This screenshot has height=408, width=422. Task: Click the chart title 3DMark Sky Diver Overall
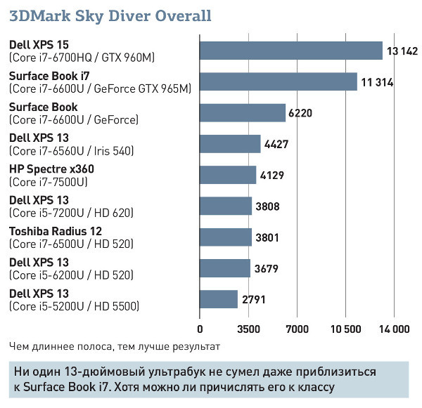(x=110, y=15)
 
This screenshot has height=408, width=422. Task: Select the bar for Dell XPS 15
(x=291, y=51)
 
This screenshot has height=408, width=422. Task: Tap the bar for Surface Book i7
(x=279, y=81)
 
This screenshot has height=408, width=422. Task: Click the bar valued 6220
(x=243, y=113)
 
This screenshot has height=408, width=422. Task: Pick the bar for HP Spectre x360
(x=228, y=175)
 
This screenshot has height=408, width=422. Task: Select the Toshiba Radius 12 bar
(x=226, y=237)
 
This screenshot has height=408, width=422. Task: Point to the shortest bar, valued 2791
(x=219, y=298)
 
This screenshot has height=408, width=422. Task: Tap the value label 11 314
(x=377, y=82)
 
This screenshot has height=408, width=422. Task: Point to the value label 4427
(x=276, y=144)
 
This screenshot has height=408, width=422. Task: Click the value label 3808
(x=268, y=206)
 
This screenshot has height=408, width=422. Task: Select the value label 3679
(x=266, y=268)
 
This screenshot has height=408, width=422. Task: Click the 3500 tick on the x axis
(x=249, y=329)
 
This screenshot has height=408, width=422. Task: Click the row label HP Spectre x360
(x=51, y=169)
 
